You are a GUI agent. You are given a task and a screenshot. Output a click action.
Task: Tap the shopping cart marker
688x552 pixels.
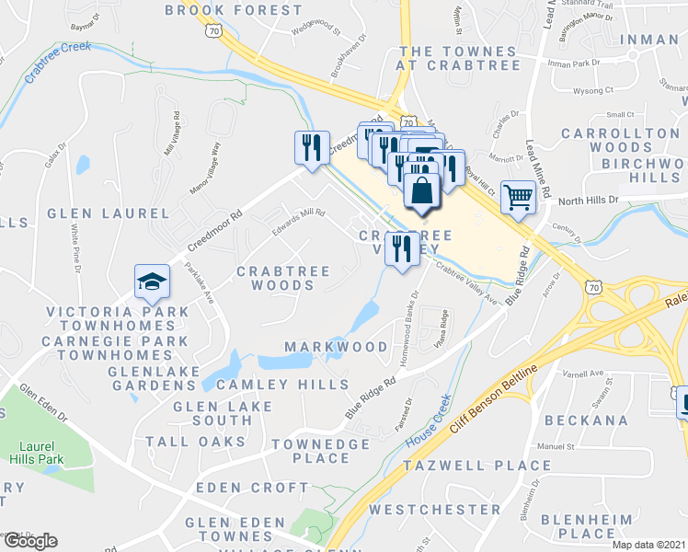pyautogui.click(x=519, y=195)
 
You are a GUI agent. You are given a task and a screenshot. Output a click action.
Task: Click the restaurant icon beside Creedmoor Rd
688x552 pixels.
pyautogui.click(x=311, y=147)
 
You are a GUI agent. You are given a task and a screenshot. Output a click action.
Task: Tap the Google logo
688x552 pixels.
pyautogui.click(x=29, y=541)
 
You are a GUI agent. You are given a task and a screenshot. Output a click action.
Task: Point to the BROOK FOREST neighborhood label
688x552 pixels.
pyautogui.click(x=233, y=10)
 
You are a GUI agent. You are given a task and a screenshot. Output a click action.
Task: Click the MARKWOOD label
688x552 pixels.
pyautogui.click(x=336, y=347)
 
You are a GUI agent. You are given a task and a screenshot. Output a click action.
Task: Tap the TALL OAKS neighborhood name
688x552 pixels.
pyautogui.click(x=196, y=442)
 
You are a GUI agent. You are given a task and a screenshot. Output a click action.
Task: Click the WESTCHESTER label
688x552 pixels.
pyautogui.click(x=435, y=509)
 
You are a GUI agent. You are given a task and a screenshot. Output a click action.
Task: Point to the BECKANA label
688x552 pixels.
pyautogui.click(x=586, y=420)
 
